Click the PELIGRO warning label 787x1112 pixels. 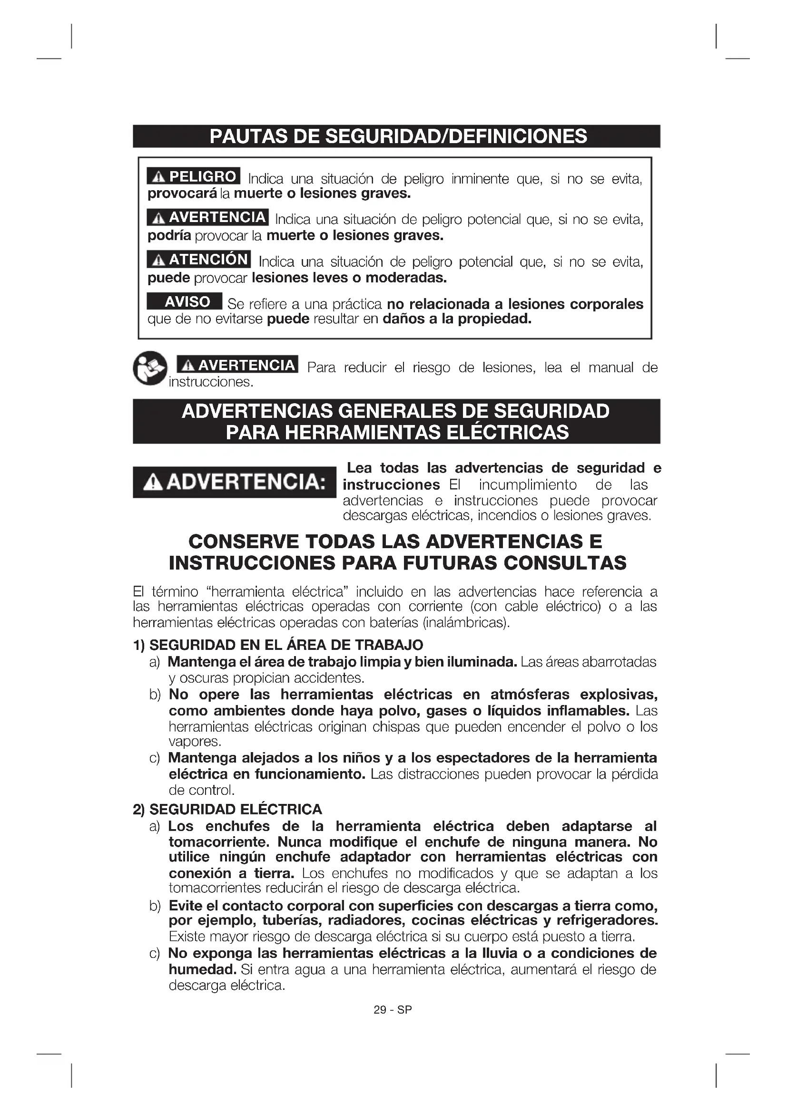pos(194,176)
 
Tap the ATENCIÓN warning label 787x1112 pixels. pos(199,260)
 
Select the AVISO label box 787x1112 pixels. pos(185,302)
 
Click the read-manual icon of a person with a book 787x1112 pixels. pos(150,368)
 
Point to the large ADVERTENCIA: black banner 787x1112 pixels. pos(235,482)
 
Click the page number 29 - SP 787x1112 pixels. pos(393,1010)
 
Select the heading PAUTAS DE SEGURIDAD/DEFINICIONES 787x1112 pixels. pos(397,136)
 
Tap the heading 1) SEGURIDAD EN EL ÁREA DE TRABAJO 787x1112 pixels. pos(278,645)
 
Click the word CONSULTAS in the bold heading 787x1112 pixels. pos(565,563)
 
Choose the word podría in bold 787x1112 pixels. pos(169,236)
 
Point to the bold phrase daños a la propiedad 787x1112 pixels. pos(457,319)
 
